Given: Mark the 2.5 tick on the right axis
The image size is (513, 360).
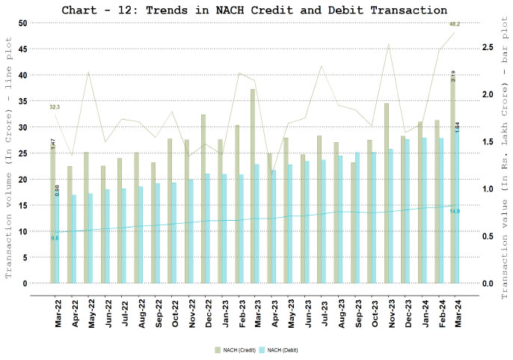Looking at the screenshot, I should pos(488,47).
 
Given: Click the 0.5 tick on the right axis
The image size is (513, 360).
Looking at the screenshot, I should pos(488,237).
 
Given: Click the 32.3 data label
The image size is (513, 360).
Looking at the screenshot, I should pos(55,108).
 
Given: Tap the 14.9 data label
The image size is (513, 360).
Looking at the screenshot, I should pos(454,211).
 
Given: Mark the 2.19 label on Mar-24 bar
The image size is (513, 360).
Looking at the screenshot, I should pos(452,76).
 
